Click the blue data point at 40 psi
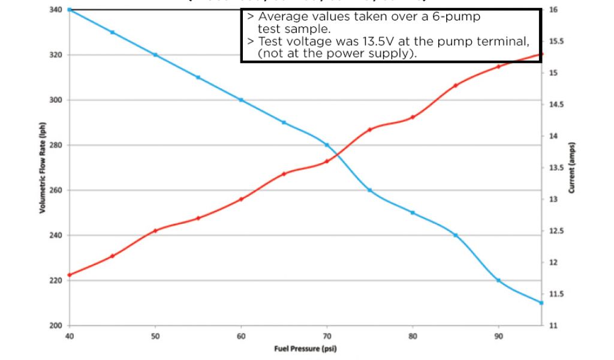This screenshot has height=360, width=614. (70, 10)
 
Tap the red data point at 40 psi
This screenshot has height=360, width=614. (70, 275)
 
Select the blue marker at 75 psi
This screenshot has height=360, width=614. (369, 190)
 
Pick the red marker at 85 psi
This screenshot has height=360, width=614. (456, 86)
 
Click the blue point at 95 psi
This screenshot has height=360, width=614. (541, 303)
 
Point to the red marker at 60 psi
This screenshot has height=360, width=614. (241, 199)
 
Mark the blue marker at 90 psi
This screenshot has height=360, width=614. (498, 280)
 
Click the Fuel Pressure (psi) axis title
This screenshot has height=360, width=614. (306, 349)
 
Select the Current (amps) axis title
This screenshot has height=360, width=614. (572, 167)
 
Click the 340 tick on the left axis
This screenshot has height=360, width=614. (56, 10)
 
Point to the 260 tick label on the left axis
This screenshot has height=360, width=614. (56, 190)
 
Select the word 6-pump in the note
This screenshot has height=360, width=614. (460, 17)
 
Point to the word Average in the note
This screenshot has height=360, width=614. (282, 17)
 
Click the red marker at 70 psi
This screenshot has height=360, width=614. (327, 161)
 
